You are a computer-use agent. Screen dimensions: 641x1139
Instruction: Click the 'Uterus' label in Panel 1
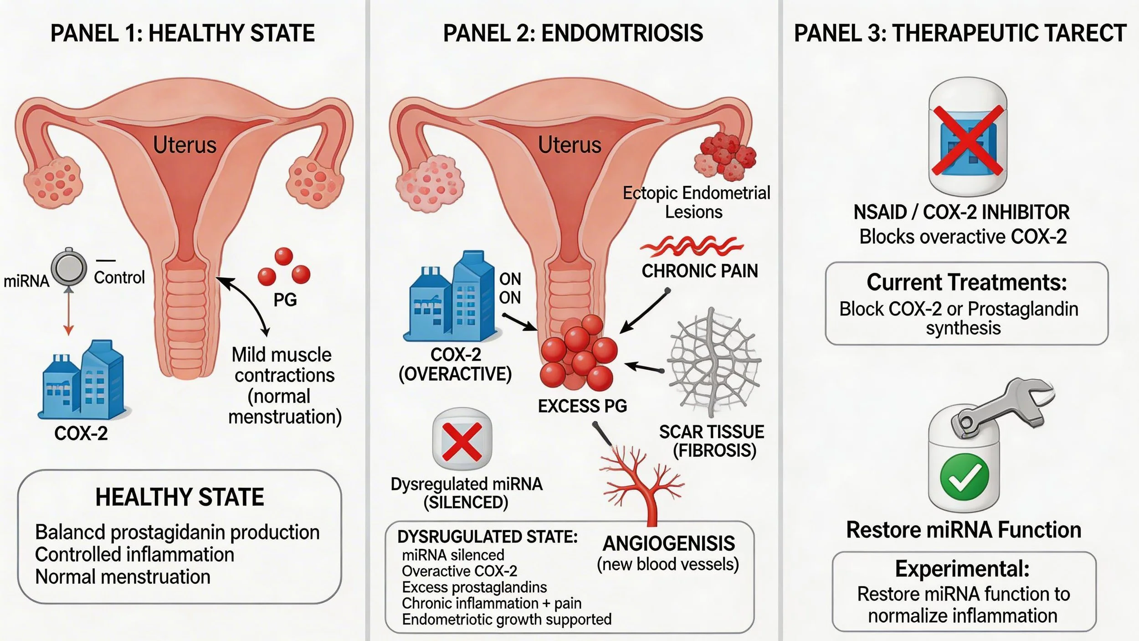(185, 145)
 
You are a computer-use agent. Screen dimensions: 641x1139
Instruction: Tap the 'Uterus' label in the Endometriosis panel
(569, 145)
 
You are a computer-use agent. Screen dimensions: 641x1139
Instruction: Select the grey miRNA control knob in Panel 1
(68, 269)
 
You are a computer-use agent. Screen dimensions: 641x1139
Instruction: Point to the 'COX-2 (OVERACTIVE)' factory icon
(451, 296)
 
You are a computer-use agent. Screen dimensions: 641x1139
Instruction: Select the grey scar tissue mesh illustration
(713, 362)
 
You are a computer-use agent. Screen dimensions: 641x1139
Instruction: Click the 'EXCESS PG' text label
(582, 406)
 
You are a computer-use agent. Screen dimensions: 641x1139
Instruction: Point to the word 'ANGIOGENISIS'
(668, 543)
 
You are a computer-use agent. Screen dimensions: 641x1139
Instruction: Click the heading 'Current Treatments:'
(966, 282)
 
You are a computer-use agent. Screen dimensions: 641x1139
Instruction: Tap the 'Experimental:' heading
(962, 569)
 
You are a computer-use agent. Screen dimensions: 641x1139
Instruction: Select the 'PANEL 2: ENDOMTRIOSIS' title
(573, 33)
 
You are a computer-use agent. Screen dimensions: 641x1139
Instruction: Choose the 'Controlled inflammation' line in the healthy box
(134, 555)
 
